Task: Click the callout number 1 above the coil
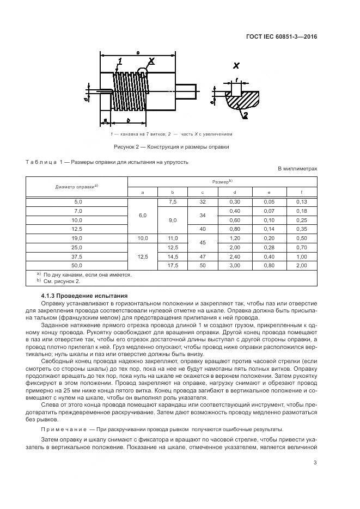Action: pyautogui.click(x=119, y=61)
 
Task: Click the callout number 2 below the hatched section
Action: pyautogui.click(x=246, y=115)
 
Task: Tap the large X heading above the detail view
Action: pyautogui.click(x=236, y=66)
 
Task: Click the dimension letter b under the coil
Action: pyautogui.click(x=127, y=119)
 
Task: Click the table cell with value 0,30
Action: pyautogui.click(x=235, y=201)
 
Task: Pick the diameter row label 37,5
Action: pyautogui.click(x=77, y=256)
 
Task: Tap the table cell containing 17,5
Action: pyautogui.click(x=173, y=266)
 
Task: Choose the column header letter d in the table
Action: pyautogui.click(x=235, y=192)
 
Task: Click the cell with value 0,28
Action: pyautogui.click(x=269, y=247)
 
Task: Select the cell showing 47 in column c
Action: pyautogui.click(x=203, y=256)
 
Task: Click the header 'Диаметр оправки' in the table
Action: pyautogui.click(x=76, y=187)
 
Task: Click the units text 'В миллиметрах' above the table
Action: pyautogui.click(x=297, y=169)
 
